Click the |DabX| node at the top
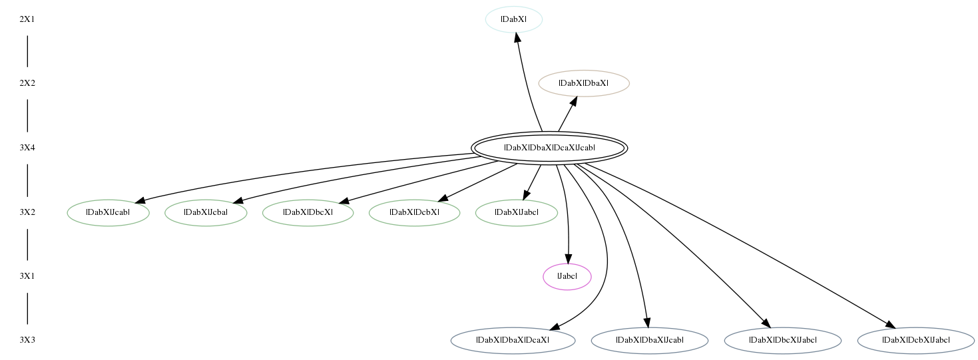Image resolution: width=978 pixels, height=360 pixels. (514, 19)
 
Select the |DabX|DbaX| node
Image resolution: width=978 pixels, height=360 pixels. (584, 83)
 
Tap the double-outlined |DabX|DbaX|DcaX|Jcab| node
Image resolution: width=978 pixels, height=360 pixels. (549, 148)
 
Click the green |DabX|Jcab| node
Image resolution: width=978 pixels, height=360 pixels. (109, 212)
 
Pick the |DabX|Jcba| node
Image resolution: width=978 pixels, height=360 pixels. (206, 212)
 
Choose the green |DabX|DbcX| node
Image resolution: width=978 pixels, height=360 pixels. (308, 212)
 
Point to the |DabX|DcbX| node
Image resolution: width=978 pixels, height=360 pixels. (414, 212)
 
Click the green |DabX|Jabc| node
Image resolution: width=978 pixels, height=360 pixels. (517, 212)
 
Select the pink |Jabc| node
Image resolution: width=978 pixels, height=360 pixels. (567, 277)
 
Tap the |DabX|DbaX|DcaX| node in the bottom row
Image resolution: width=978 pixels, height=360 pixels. (513, 340)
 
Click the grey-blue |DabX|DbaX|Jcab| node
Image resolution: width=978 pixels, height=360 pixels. (650, 340)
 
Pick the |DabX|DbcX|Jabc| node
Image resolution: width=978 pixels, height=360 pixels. (783, 340)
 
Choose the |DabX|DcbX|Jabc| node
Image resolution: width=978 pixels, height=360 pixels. (916, 340)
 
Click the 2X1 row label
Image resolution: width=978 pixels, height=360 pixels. (27, 19)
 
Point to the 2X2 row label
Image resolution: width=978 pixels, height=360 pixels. (27, 83)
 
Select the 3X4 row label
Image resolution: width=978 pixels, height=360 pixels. (27, 148)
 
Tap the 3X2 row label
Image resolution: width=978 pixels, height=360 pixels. (27, 212)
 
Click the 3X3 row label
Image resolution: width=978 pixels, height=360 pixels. (27, 340)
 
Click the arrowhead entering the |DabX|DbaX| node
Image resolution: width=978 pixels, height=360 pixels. (573, 102)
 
